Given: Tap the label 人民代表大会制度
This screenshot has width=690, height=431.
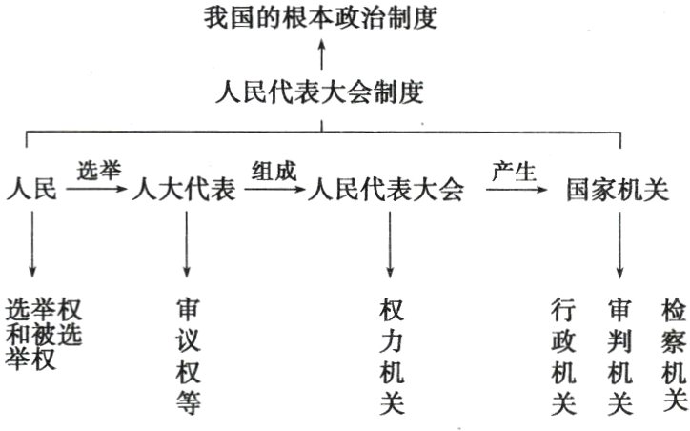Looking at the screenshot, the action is point(321,93).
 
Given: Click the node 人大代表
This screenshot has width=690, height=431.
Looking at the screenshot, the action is point(187,190).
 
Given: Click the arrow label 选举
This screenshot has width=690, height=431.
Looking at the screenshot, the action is point(99,173).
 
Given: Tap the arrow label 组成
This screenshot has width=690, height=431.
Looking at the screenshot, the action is point(274,173).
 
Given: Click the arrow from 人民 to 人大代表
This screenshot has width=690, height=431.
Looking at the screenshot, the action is point(99,191).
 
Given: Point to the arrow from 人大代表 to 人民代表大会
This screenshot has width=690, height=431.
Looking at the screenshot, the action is point(274,191).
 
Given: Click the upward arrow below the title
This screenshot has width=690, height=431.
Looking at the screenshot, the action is point(321,53).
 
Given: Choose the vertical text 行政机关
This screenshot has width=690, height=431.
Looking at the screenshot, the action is point(562,358).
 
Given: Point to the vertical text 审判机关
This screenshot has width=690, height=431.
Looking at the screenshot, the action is point(620,358).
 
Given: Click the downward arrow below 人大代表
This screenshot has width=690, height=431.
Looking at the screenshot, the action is point(187,243).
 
